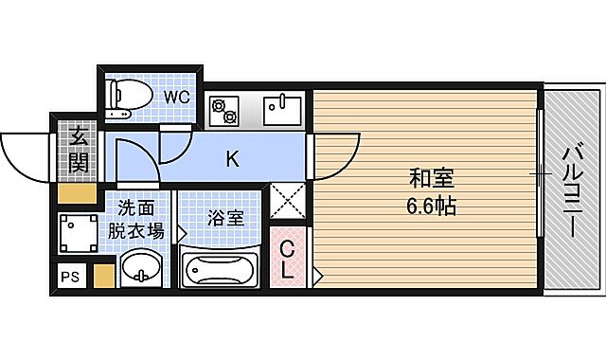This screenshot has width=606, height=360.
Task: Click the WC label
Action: point(178,96)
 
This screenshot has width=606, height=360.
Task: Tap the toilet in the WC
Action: point(129,96)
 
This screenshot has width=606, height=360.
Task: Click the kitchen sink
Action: point(282,110)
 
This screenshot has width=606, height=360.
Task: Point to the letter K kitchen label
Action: point(231,160)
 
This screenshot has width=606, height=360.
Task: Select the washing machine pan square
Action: point(78,230)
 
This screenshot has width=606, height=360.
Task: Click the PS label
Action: point(70,276)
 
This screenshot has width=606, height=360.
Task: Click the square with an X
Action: point(288,200)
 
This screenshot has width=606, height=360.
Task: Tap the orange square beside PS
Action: point(103,275)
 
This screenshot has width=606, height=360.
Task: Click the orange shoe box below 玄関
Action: point(76,192)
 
